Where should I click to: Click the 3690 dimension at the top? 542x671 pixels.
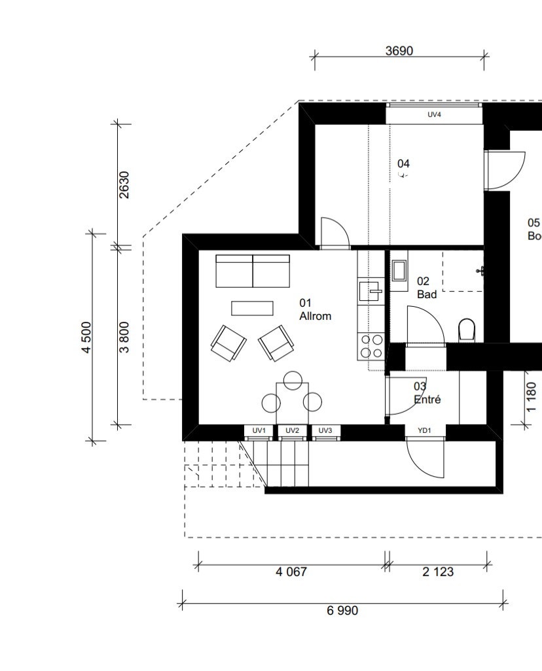399,51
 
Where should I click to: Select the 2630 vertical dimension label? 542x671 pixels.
124,184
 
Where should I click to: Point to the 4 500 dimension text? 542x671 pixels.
86,337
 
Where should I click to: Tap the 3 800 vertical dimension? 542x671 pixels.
124,337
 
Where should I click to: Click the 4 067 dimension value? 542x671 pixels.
291,572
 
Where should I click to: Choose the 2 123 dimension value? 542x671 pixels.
437,572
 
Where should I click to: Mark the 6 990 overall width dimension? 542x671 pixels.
342,610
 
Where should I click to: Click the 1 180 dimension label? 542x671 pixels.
531,397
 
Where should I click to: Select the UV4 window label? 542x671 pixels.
434,114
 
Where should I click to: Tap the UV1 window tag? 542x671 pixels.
259,430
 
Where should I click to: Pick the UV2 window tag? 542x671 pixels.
293,430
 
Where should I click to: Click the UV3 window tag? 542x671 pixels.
325,430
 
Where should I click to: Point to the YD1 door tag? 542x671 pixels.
424,430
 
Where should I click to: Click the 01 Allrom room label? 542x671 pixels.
315,309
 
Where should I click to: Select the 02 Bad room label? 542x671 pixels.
426,288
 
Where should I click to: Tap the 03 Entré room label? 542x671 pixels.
427,393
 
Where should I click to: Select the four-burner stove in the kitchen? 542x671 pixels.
371,346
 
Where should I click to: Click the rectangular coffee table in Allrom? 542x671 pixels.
252,308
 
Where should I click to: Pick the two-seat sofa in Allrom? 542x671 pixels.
253,271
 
